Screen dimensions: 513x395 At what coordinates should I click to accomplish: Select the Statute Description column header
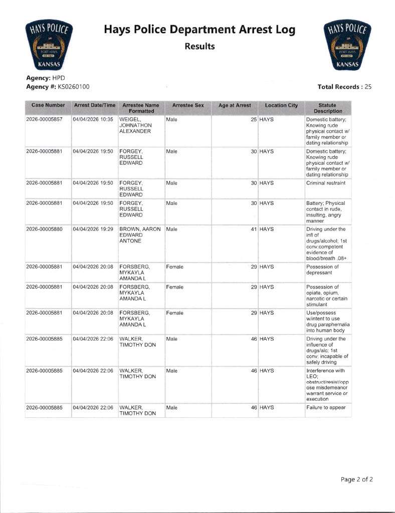pyautogui.click(x=328, y=108)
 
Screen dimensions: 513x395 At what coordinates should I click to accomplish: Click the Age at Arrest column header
pyautogui.click(x=235, y=105)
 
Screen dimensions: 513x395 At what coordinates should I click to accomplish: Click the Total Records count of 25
pyautogui.click(x=368, y=87)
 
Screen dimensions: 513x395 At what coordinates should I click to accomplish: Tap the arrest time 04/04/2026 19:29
pyautogui.click(x=93, y=229)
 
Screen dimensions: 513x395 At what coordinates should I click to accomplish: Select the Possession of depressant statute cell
pyautogui.click(x=322, y=270)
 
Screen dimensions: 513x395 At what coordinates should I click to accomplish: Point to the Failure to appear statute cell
pyautogui.click(x=326, y=407)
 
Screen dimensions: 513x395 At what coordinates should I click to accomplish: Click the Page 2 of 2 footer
pyautogui.click(x=356, y=479)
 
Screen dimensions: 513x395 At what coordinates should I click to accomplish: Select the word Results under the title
pyautogui.click(x=200, y=47)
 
